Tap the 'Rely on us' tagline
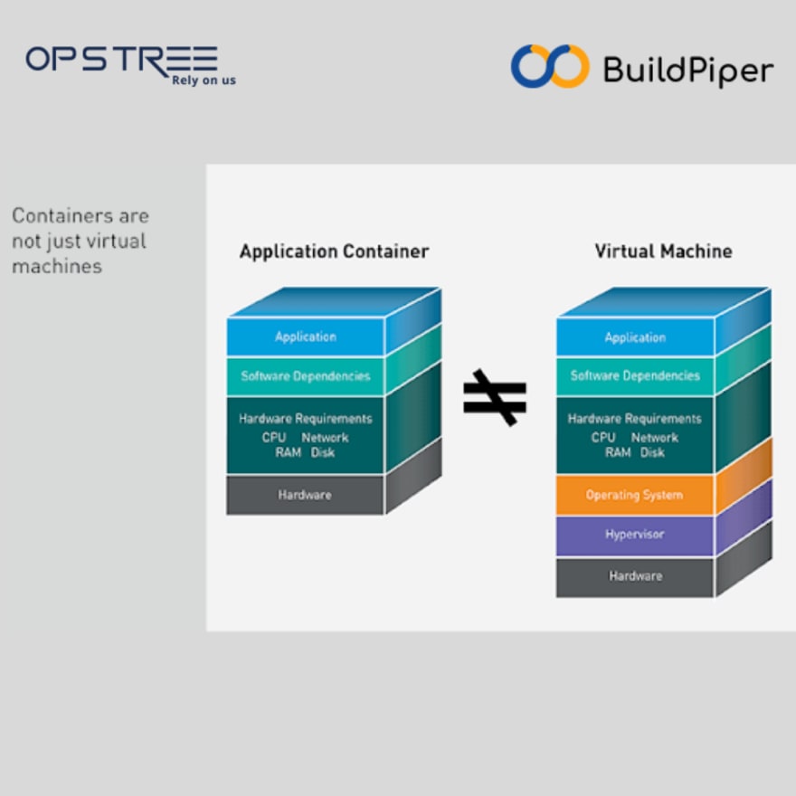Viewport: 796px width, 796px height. click(204, 81)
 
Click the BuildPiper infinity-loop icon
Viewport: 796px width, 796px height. click(550, 67)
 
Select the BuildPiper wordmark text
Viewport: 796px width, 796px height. click(688, 70)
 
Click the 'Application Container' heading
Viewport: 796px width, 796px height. click(334, 251)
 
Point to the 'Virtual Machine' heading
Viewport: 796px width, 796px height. click(664, 251)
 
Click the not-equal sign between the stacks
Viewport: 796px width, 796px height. click(495, 397)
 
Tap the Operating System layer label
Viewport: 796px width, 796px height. click(634, 495)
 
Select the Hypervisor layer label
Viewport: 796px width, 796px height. click(635, 534)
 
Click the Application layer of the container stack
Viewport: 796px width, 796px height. click(306, 336)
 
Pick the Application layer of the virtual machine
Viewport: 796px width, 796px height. click(635, 337)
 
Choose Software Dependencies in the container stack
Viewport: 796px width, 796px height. click(306, 376)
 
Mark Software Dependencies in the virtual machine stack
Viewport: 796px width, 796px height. click(635, 375)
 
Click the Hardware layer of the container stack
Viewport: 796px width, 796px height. click(305, 495)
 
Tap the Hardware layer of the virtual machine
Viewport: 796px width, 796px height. click(636, 576)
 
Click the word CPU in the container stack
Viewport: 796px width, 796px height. click(274, 438)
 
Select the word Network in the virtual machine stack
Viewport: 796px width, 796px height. click(655, 438)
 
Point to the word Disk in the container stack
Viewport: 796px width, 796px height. click(323, 452)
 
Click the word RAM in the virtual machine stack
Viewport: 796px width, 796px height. click(618, 452)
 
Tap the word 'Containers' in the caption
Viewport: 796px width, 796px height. click(63, 216)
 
